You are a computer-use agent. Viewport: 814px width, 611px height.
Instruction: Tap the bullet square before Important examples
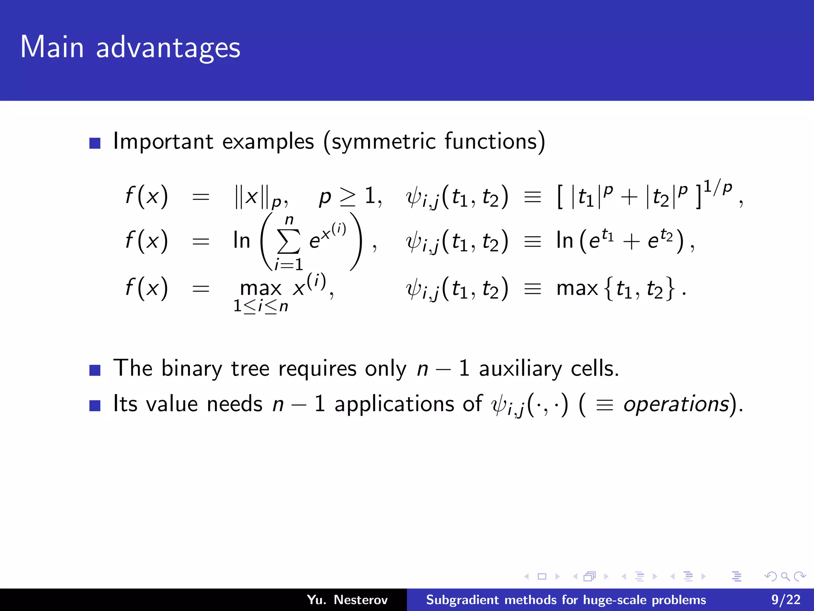point(95,143)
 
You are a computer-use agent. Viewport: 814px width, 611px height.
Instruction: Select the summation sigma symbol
point(289,241)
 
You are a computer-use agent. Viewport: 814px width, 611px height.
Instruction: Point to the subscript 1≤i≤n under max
point(260,306)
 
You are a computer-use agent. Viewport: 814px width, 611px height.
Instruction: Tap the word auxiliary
point(520,368)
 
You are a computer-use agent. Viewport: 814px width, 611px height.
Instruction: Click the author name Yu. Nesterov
point(347,599)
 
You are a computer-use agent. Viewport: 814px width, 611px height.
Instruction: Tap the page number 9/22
point(785,599)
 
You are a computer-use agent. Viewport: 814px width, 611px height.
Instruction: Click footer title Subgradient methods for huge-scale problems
point(566,599)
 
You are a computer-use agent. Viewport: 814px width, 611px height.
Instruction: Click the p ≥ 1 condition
point(350,196)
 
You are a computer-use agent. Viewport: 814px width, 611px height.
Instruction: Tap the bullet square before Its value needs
point(95,405)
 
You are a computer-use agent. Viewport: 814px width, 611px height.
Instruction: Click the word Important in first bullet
point(163,142)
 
